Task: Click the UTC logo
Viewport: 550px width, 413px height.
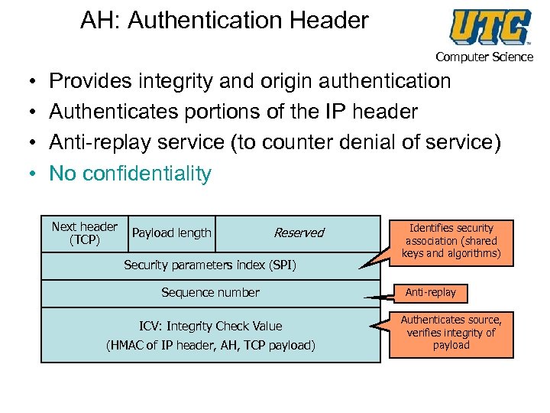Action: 490,28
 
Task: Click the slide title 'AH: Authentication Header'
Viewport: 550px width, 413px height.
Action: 225,21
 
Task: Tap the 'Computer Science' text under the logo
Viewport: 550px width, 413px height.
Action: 484,57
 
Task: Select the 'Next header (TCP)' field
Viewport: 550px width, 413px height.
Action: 84,233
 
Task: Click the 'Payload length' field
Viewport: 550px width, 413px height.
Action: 172,233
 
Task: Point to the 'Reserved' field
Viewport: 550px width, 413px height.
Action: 299,233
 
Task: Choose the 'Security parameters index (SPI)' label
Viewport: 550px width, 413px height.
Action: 210,265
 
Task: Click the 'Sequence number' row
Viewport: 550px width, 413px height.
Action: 210,292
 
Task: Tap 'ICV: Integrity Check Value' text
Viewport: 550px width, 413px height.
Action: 210,326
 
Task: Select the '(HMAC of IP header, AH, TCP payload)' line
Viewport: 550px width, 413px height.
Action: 210,345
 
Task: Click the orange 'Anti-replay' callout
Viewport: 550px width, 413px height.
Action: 430,292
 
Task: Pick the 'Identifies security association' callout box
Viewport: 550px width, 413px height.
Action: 451,241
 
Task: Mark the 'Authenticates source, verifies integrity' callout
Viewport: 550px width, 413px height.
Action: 451,333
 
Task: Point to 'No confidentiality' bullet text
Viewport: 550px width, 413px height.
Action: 130,174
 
